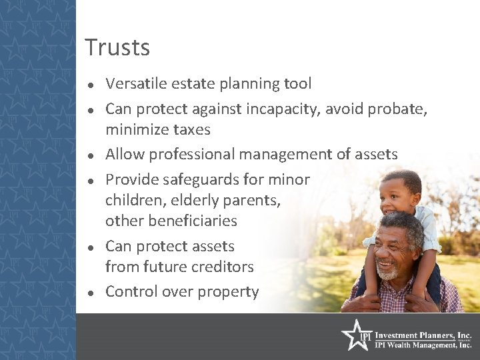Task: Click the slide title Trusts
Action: coord(117,48)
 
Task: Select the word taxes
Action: coord(190,129)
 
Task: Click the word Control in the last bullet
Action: coord(131,292)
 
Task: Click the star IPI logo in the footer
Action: coord(355,336)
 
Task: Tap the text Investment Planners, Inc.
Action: coord(423,335)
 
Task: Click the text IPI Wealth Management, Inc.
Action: coord(423,345)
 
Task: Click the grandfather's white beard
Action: coord(388,271)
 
